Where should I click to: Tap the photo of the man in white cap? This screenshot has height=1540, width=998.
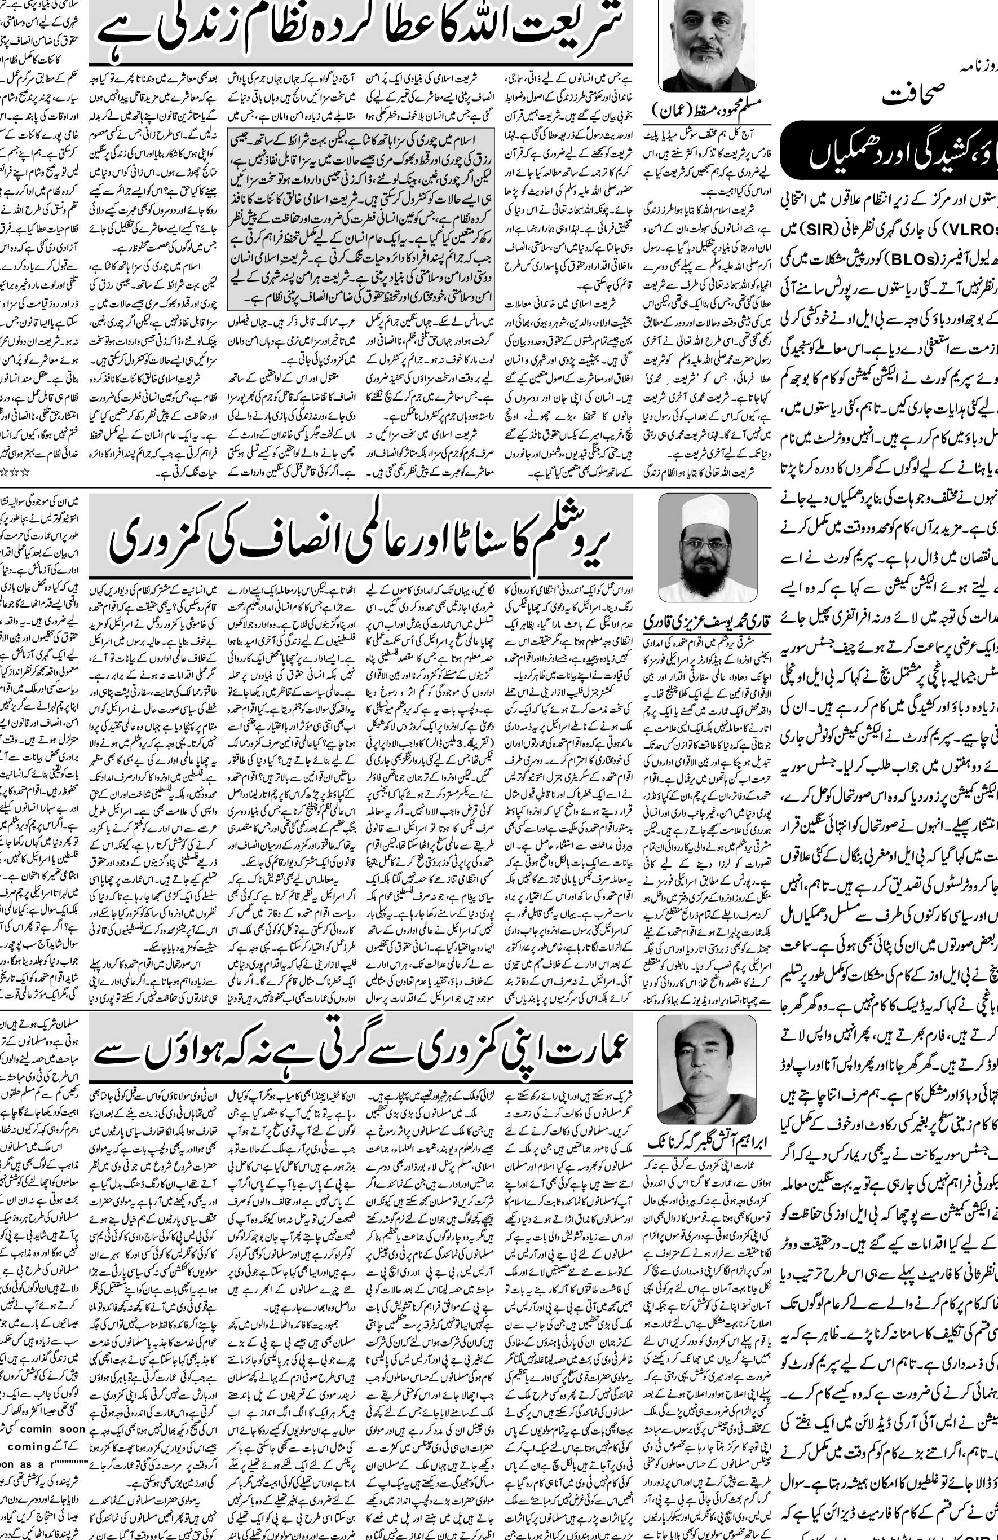click(708, 547)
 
